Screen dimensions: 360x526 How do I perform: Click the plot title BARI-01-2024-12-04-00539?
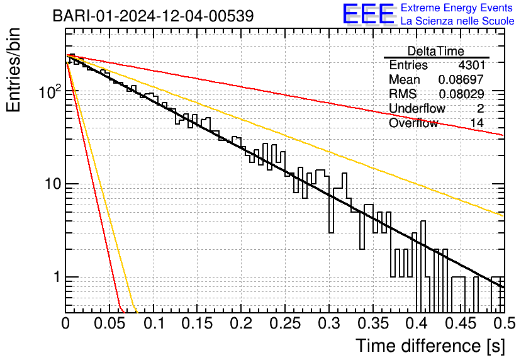pos(153,16)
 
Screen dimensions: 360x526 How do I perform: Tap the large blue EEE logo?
pos(368,14)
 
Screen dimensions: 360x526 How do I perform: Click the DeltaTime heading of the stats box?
pos(436,51)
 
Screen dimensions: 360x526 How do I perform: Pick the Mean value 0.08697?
pos(461,80)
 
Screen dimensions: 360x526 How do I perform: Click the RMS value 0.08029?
pos(461,94)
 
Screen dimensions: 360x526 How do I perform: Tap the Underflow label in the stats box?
pos(417,109)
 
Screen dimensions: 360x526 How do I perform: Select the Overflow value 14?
pos(477,123)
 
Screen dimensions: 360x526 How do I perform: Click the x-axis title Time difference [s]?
pos(429,346)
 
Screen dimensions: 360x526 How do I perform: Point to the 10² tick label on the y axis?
pos(48,92)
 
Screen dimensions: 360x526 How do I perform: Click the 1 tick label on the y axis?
pos(56,277)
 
